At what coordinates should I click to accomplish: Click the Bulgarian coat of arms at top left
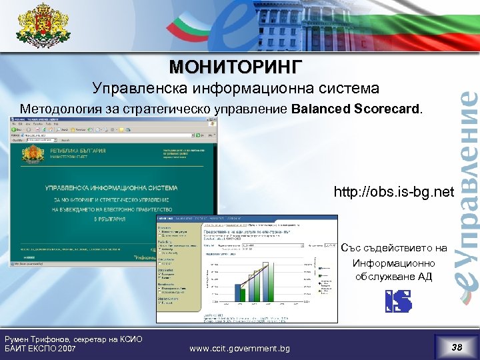[43, 28]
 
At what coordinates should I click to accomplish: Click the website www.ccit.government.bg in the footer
[239, 348]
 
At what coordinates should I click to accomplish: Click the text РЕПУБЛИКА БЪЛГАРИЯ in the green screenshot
[73, 151]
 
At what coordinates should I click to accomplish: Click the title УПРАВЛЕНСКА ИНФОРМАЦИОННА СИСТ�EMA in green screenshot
[111, 189]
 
